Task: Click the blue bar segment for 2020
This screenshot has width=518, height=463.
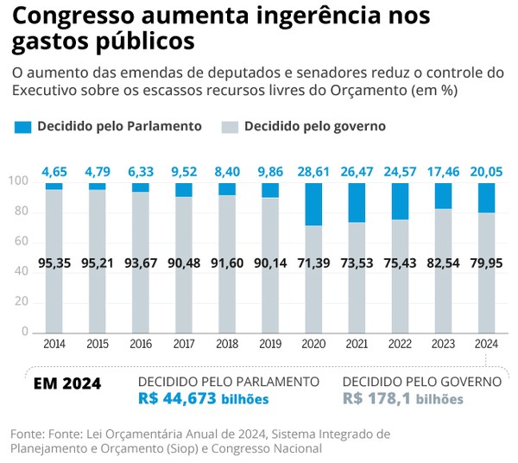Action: [x=313, y=204]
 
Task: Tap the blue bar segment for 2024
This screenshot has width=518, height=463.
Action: [x=486, y=198]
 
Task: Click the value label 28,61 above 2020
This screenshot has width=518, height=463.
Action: [x=313, y=172]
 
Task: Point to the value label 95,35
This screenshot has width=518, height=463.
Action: [x=54, y=263]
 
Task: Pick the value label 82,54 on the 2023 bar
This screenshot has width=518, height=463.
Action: [x=443, y=263]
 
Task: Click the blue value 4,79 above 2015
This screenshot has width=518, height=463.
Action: [x=98, y=172]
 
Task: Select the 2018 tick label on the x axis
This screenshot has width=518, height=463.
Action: [x=227, y=343]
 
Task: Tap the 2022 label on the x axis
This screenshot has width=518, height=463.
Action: [x=400, y=343]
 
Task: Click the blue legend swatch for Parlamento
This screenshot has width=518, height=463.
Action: [x=23, y=127]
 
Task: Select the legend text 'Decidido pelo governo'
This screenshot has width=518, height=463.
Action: [x=314, y=126]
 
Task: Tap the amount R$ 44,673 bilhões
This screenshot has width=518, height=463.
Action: [x=204, y=398]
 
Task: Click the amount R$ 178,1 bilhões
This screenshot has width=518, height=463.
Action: [x=402, y=398]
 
